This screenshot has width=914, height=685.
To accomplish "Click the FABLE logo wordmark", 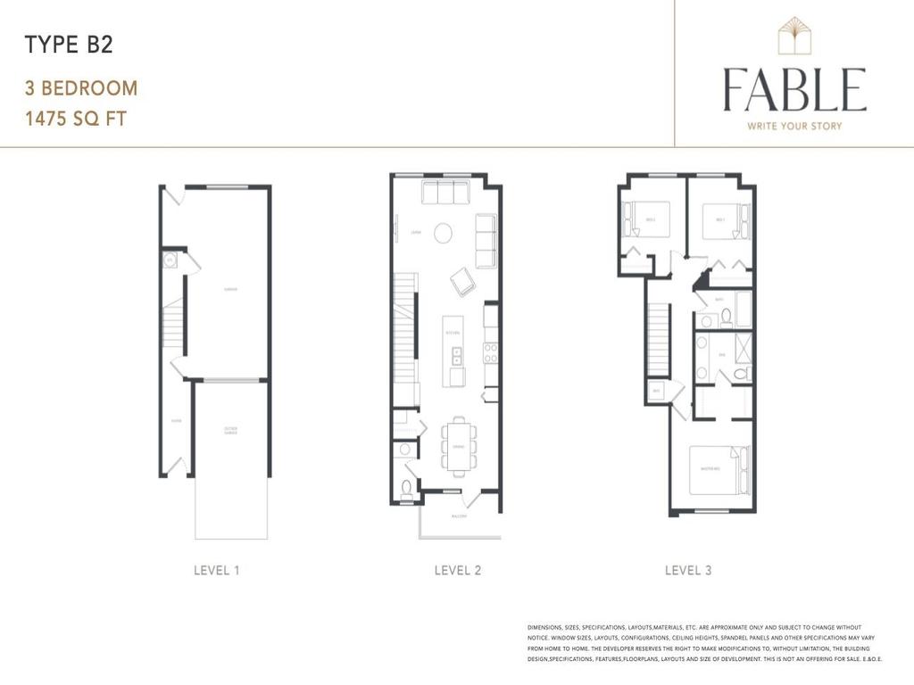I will (794, 89).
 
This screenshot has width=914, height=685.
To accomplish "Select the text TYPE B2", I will (69, 45).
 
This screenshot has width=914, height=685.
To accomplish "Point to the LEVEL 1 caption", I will (217, 570).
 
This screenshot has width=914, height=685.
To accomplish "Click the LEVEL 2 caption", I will (458, 570).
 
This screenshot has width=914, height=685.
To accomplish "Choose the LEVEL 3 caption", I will (688, 570).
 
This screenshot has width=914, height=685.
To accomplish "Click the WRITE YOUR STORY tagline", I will (794, 126).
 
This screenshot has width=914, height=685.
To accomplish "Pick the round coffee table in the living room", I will (443, 233).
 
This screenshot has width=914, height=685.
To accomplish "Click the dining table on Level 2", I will (459, 442).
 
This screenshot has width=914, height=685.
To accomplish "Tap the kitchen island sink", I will (456, 357).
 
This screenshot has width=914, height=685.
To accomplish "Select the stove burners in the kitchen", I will (491, 353).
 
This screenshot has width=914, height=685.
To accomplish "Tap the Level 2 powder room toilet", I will (407, 487).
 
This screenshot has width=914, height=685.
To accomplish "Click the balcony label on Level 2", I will (459, 516).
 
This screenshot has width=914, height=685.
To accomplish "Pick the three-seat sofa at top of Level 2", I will (445, 192).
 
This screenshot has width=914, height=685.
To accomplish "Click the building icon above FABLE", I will (794, 37).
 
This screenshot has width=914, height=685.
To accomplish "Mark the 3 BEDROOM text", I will (81, 88).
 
